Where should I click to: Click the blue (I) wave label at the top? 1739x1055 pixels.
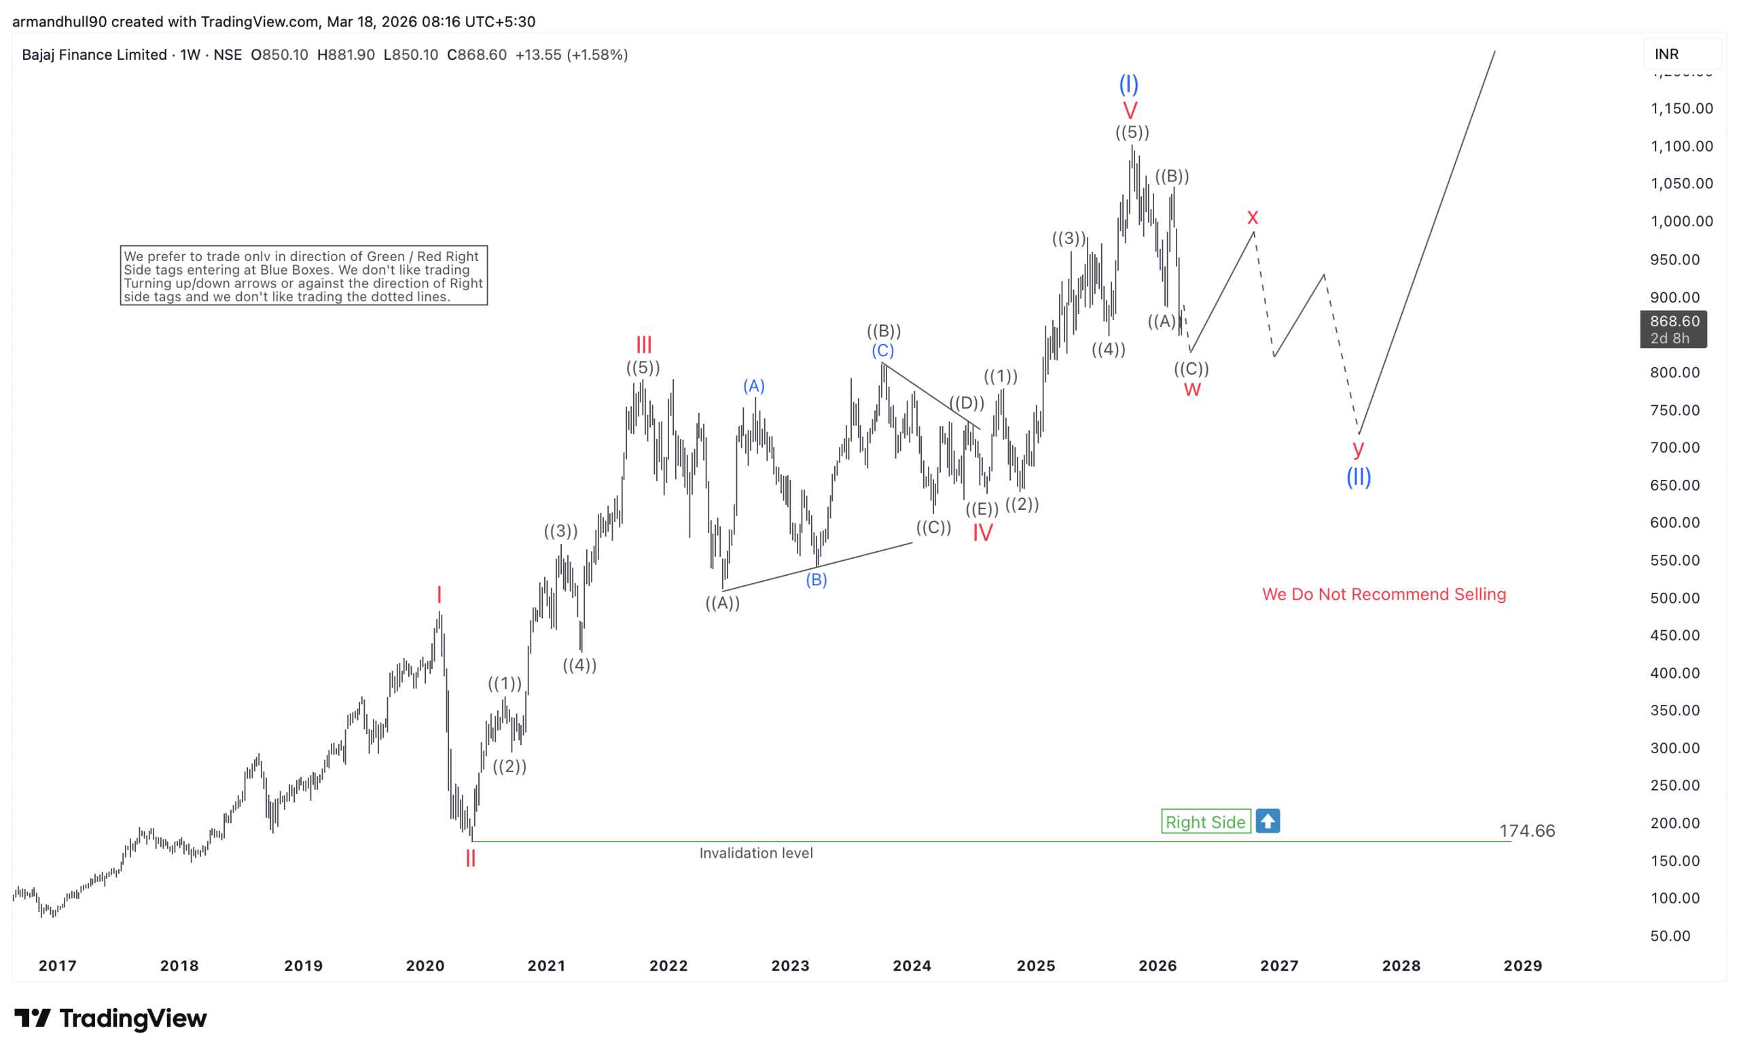click(x=1128, y=85)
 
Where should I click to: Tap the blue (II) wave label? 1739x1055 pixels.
click(x=1358, y=477)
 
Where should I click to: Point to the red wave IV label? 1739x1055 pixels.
click(x=982, y=532)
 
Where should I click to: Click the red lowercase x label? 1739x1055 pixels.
click(x=1252, y=217)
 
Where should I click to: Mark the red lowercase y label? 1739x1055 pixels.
click(x=1358, y=448)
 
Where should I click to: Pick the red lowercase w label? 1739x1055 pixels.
click(x=1192, y=389)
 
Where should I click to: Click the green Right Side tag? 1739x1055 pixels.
click(x=1206, y=821)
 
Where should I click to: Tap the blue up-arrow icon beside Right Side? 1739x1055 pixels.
click(x=1268, y=820)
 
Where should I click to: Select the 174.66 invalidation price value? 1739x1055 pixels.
click(x=1526, y=831)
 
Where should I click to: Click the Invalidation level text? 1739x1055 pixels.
click(x=756, y=853)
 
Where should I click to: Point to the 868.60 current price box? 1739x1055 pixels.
click(x=1672, y=329)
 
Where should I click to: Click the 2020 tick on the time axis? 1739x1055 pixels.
click(x=425, y=965)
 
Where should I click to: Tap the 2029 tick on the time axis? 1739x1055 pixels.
click(x=1522, y=965)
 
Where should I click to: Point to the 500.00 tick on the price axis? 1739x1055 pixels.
click(x=1674, y=598)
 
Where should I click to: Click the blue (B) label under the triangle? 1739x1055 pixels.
click(x=817, y=580)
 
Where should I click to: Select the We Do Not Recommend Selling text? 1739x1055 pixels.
click(x=1383, y=595)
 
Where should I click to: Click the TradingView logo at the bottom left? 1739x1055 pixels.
click(x=111, y=1018)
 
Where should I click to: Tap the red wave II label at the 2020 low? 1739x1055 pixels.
click(x=471, y=859)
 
